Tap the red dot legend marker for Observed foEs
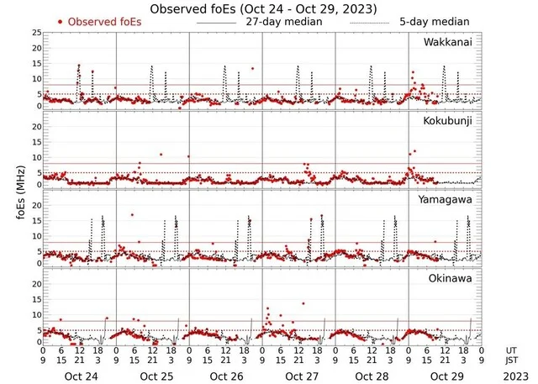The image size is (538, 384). tap(61, 21)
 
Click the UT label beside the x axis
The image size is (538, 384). tap(513, 350)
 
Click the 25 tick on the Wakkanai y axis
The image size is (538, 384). tap(35, 33)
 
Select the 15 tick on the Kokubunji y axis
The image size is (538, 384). tap(35, 140)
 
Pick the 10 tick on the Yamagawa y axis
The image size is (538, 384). tap(35, 230)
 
